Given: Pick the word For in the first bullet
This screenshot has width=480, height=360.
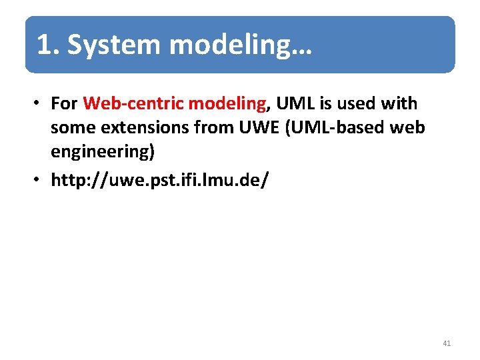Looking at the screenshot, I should click(x=65, y=104).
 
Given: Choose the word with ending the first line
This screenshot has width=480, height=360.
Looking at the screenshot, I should click(x=400, y=104).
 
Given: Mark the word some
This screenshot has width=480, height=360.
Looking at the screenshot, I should click(x=73, y=128).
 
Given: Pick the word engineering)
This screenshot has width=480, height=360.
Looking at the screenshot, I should click(x=103, y=152).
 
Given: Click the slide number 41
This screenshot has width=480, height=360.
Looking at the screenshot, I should click(x=446, y=343).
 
